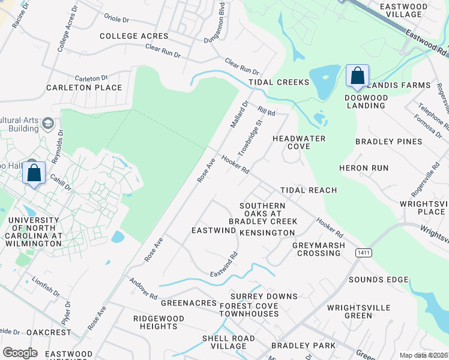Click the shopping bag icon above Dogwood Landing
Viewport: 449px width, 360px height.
click(x=357, y=76)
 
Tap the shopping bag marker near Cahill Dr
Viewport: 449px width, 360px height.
click(x=34, y=173)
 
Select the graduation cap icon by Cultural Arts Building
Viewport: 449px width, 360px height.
click(x=48, y=124)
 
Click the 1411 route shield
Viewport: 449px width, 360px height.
click(x=363, y=253)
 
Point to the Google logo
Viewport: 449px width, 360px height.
click(x=20, y=353)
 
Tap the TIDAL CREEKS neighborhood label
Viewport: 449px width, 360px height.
click(x=279, y=82)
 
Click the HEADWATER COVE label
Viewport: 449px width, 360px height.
click(x=299, y=142)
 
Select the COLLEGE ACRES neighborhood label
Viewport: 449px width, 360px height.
click(x=134, y=36)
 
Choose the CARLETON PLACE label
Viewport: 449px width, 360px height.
click(x=84, y=88)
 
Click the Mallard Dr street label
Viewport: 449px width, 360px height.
click(x=239, y=115)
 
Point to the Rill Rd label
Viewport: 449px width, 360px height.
click(x=266, y=111)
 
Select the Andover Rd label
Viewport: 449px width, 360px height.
click(x=142, y=289)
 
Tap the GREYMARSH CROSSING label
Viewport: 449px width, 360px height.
click(x=318, y=249)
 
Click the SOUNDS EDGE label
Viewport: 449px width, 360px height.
click(x=378, y=280)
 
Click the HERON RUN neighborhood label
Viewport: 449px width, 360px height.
click(x=363, y=168)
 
